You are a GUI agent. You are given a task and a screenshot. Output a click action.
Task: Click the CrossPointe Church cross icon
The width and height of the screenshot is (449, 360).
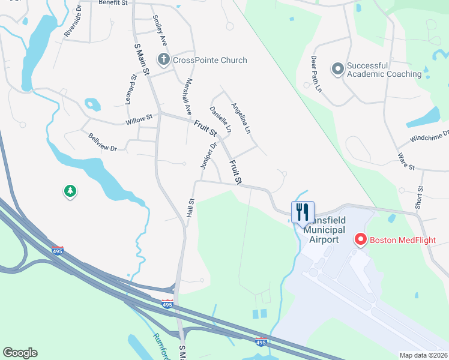[x=163, y=60]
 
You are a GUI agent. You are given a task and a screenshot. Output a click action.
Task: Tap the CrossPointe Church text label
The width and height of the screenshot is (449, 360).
[x=209, y=60]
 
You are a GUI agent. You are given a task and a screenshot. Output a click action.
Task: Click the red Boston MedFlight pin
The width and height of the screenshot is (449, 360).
[x=361, y=240]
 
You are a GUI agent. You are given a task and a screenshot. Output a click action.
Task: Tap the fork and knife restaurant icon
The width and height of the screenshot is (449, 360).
[x=303, y=211]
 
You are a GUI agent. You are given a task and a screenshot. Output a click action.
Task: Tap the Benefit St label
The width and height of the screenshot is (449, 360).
[x=116, y=3]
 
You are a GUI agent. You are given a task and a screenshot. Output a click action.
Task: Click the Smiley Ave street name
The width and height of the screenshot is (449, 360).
[x=160, y=31]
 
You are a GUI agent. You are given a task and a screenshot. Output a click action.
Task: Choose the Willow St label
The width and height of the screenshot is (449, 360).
[x=139, y=122]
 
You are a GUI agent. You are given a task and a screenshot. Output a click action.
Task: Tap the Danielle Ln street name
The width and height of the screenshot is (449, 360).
[x=220, y=119]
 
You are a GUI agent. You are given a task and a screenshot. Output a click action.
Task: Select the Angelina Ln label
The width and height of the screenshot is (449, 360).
[x=241, y=117]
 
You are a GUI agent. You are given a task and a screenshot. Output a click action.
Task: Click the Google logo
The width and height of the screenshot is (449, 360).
[x=20, y=353]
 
